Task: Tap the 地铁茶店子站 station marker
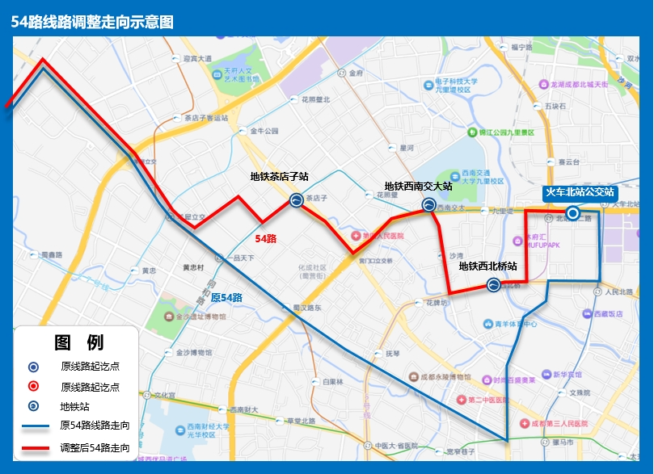point(297,201)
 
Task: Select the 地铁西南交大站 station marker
point(428,205)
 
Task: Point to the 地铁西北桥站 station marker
point(493,284)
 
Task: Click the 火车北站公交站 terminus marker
point(573,213)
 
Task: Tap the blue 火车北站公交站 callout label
point(580,193)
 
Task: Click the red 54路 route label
point(266,239)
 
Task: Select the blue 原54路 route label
point(226,297)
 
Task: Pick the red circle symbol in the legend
point(33,387)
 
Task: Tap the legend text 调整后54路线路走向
point(95,447)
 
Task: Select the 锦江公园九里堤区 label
point(507,132)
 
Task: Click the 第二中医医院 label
point(490,400)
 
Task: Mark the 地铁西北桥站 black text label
point(487,266)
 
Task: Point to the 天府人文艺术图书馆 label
point(238,75)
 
